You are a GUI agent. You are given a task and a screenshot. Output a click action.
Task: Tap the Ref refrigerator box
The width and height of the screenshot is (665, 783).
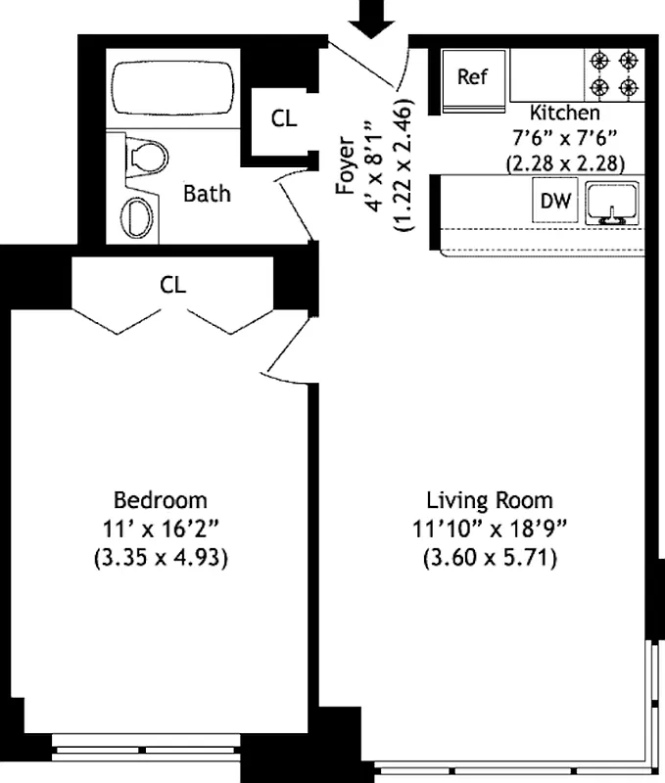(472, 77)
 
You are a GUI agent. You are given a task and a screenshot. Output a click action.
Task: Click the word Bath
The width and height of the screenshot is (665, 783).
(208, 193)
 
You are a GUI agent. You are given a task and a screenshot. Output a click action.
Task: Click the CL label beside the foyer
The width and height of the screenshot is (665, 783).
(284, 118)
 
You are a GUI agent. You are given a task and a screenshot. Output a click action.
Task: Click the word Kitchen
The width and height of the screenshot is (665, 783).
(566, 113)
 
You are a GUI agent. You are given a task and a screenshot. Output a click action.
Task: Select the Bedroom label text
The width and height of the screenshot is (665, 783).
(161, 500)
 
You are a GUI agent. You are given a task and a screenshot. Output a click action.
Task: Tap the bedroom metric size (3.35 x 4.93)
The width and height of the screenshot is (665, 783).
(161, 560)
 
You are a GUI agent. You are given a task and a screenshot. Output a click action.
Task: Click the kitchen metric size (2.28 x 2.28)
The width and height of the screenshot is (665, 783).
(566, 162)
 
